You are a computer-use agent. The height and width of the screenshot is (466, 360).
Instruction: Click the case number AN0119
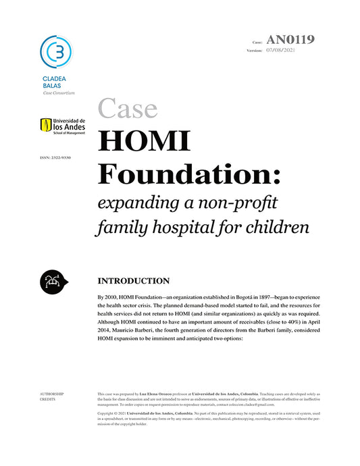tap(290, 39)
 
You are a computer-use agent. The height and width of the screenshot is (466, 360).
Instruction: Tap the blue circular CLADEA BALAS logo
tap(56, 51)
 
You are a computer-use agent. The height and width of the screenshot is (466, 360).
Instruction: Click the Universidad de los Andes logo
tap(63, 126)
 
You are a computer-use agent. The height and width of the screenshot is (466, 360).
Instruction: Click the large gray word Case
tap(128, 108)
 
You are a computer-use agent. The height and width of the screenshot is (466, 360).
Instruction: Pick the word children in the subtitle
tap(278, 228)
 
